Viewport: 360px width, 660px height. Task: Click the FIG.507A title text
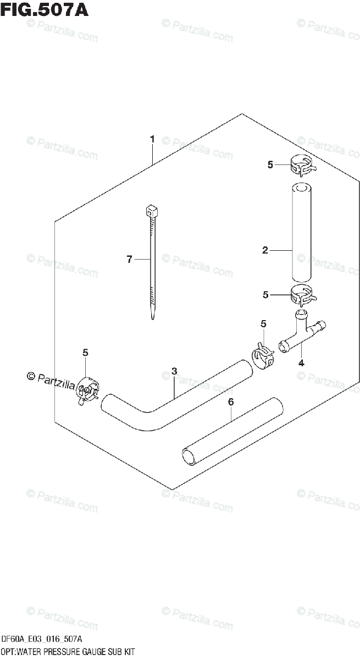point(44,9)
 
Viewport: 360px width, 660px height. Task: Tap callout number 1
point(152,139)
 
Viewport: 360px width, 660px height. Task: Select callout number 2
point(265,251)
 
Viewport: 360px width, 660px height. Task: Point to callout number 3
point(174,372)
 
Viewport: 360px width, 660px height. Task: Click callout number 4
point(301,363)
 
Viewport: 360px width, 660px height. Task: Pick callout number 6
point(231,403)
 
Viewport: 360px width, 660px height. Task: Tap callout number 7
point(129,260)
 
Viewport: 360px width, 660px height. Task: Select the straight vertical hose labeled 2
point(301,234)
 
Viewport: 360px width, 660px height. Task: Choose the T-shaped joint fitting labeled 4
point(300,335)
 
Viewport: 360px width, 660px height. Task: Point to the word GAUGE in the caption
point(95,652)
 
